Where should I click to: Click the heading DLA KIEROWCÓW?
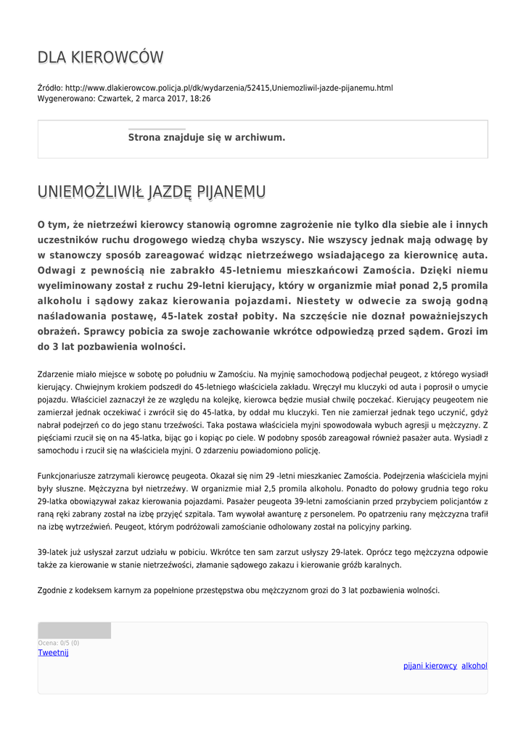coord(100,57)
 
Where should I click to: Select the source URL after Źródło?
coord(229,88)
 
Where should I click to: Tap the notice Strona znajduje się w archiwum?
coord(206,137)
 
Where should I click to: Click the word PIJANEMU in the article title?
coord(230,192)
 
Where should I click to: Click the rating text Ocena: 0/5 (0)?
coord(59,643)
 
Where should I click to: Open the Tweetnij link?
coord(53,652)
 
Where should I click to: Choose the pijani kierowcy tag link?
coord(430,665)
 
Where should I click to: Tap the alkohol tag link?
coord(474,665)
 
